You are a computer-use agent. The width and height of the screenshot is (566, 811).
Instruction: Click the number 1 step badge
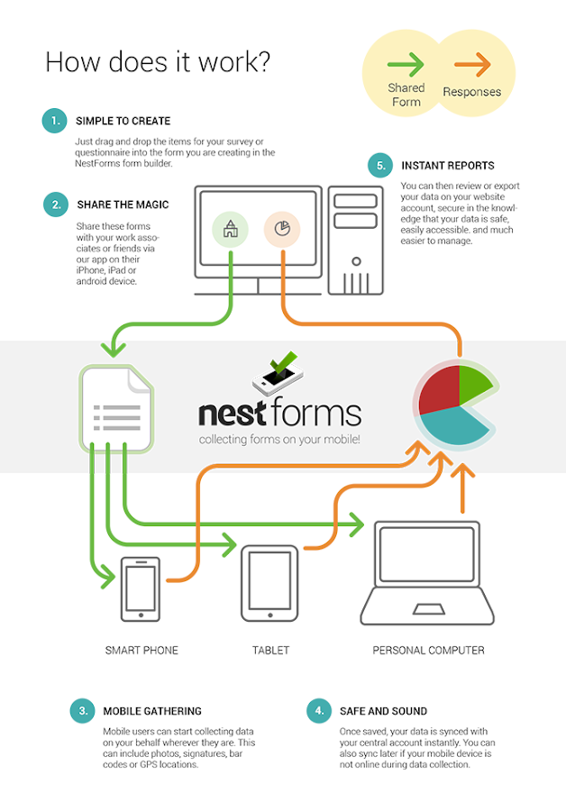(x=54, y=121)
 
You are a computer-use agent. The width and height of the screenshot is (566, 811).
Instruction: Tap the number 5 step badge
(x=380, y=166)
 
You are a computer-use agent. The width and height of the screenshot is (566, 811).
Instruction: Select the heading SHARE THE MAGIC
(x=123, y=205)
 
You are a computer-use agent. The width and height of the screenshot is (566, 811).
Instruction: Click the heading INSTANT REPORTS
(x=448, y=166)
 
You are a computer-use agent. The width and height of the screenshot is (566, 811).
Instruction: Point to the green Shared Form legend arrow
(x=406, y=64)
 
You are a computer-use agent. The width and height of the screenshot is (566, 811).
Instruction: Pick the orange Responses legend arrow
(x=472, y=64)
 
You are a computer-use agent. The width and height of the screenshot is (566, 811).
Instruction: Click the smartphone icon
(x=141, y=589)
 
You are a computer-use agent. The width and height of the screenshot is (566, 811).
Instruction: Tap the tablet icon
(x=269, y=583)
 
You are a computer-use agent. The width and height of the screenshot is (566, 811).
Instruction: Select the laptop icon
(x=427, y=573)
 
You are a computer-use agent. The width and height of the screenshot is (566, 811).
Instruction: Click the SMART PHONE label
(x=141, y=650)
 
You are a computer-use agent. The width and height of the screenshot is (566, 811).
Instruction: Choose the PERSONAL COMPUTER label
(x=428, y=650)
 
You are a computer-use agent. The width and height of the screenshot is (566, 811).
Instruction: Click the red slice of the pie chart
(x=439, y=389)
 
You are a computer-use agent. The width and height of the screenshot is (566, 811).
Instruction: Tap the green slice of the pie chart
(x=473, y=384)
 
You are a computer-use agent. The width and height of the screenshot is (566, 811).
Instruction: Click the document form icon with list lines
(x=117, y=408)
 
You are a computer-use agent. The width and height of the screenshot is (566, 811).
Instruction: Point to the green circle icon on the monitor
(x=230, y=229)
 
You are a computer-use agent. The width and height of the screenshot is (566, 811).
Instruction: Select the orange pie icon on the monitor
(x=282, y=229)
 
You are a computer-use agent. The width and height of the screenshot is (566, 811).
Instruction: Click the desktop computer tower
(x=356, y=241)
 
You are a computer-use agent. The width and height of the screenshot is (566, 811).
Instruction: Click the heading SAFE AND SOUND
(x=383, y=711)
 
